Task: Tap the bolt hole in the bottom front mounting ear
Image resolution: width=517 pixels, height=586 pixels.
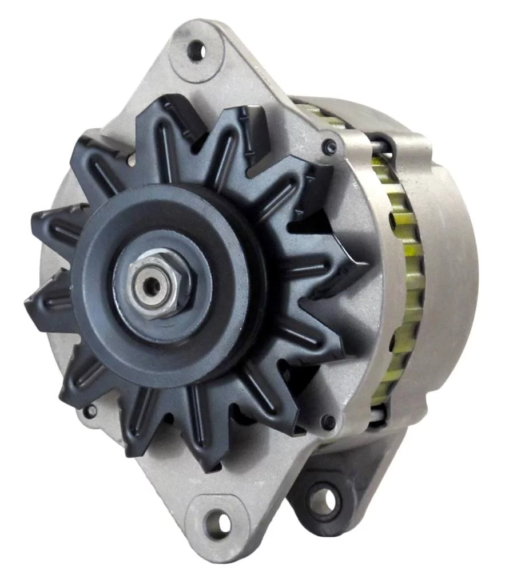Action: click(218, 522)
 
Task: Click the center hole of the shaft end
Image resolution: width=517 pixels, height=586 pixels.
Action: click(150, 285)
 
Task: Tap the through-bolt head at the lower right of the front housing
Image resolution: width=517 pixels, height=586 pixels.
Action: click(328, 423)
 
